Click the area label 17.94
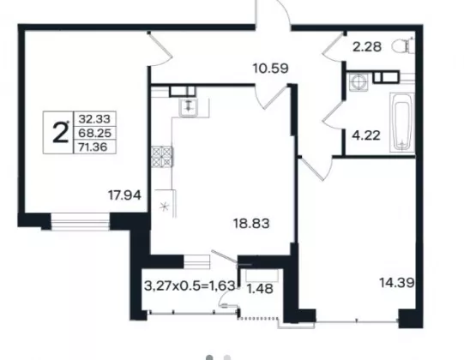[124, 195]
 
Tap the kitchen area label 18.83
[251, 224]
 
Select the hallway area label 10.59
[271, 69]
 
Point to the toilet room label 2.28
[367, 47]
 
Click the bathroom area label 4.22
[366, 135]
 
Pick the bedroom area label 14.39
[396, 283]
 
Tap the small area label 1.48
[260, 289]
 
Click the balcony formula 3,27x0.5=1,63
[190, 286]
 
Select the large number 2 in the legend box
[60, 133]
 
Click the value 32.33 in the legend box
[94, 119]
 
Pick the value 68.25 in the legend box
[94, 133]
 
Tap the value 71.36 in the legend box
[93, 147]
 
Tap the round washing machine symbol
[359, 81]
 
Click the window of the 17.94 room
[81, 221]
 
